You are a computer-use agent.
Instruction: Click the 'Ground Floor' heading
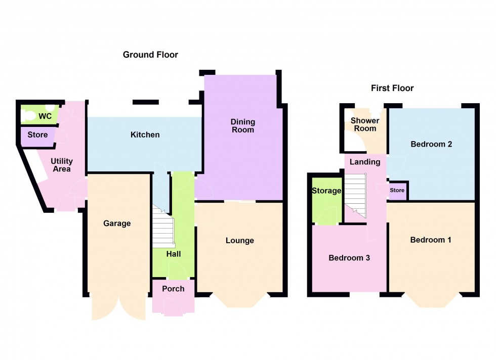(150, 55)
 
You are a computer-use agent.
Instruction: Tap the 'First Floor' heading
(392, 88)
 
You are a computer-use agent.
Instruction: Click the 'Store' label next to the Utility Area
(37, 135)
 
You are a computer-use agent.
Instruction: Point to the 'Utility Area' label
(62, 165)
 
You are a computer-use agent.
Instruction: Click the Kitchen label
(145, 134)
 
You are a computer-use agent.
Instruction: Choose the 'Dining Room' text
(242, 126)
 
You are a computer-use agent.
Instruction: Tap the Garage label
(117, 223)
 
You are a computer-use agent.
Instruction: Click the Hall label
(174, 254)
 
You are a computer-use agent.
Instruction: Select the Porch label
(173, 289)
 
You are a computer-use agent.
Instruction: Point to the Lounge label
(239, 240)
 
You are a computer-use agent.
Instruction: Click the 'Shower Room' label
(365, 124)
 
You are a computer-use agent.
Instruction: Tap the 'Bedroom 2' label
(431, 144)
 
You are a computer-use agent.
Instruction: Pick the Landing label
(365, 162)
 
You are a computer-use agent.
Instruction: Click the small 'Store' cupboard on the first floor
(397, 191)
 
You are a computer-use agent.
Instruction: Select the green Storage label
(326, 191)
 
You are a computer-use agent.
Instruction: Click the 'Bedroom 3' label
(349, 258)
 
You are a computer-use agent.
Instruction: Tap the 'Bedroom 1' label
(430, 240)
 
